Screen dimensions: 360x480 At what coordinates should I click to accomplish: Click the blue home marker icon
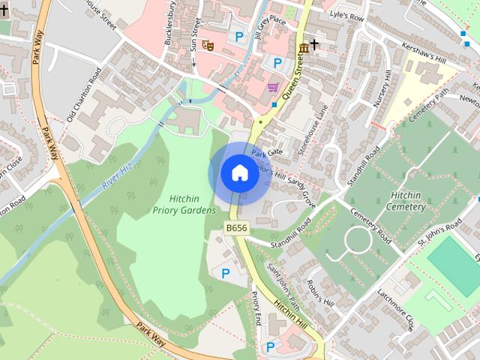[x=239, y=172]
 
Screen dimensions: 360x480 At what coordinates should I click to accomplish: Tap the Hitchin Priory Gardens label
[x=184, y=205]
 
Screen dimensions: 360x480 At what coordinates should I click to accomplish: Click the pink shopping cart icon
[x=272, y=88]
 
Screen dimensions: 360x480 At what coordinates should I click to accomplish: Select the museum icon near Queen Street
[x=302, y=48]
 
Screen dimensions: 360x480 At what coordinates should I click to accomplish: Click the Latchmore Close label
[x=396, y=311]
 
